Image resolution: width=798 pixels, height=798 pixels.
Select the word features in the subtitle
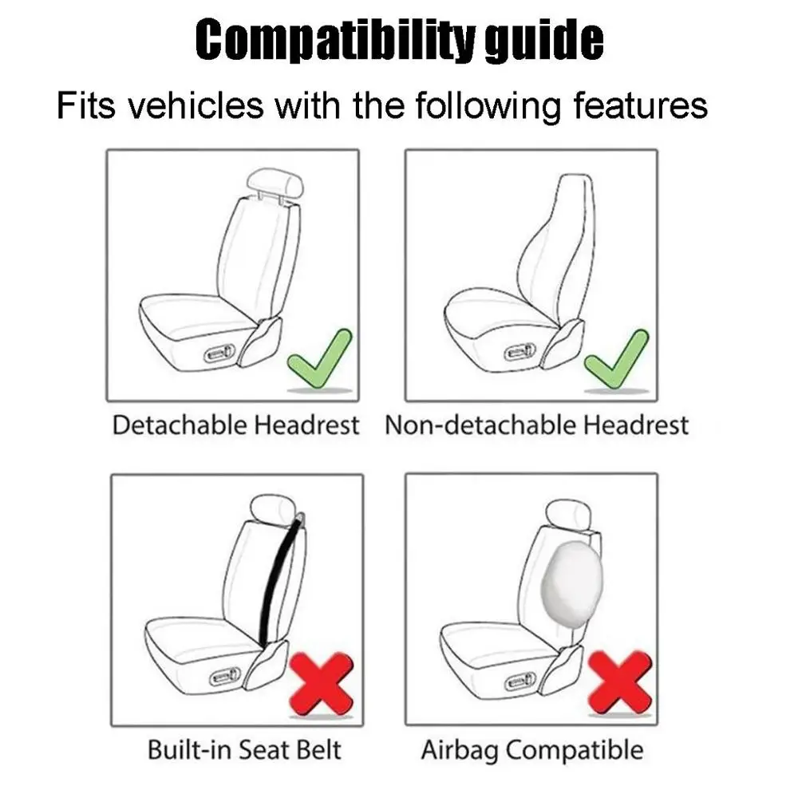pos(631,105)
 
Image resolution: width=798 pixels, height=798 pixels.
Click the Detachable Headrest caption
pos(235,425)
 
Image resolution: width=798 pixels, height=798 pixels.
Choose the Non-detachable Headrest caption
pos(536,425)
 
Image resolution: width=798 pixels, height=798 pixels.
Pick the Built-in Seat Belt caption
pos(244,750)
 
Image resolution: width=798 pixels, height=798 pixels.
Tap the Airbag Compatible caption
pos(531,750)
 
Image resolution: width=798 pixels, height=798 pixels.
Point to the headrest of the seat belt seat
pos(275,508)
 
